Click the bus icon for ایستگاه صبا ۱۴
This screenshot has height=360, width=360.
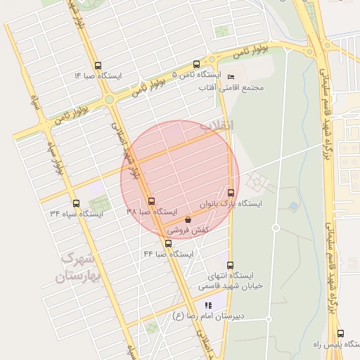pyautogui.click(x=97, y=64)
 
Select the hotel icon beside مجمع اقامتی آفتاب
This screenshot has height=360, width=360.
pyautogui.click(x=232, y=76)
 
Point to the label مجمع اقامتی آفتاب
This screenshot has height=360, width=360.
pyautogui.click(x=243, y=87)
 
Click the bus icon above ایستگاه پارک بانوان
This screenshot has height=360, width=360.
pyautogui.click(x=231, y=192)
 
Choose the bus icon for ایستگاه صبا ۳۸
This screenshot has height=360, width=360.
pyautogui.click(x=152, y=201)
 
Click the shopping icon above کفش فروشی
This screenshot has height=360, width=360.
pyautogui.click(x=187, y=219)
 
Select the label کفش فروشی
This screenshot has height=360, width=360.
pyautogui.click(x=188, y=230)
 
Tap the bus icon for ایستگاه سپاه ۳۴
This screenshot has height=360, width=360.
pyautogui.click(x=76, y=202)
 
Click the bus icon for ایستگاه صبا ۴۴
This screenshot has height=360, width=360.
pyautogui.click(x=167, y=243)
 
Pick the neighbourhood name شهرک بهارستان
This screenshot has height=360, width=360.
pyautogui.click(x=78, y=268)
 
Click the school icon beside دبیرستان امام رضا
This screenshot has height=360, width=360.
pyautogui.click(x=208, y=305)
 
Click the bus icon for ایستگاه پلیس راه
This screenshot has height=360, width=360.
pyautogui.click(x=340, y=334)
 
